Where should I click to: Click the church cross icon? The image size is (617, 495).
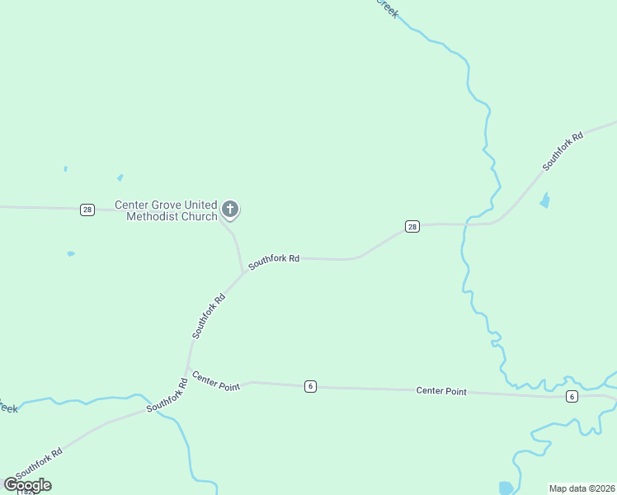point(231,210)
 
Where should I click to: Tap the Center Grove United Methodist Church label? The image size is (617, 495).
point(165,210)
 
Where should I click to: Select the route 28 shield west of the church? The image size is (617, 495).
point(87,210)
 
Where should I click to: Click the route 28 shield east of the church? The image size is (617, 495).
point(412,226)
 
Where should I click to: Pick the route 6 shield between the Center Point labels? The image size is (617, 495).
point(310,386)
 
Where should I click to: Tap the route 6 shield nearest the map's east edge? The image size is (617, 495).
point(572,397)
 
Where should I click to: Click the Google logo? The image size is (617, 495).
point(27,485)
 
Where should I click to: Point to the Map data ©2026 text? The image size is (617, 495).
point(582,488)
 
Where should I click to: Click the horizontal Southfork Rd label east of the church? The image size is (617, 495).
point(274,260)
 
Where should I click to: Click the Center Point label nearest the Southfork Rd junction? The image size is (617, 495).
point(215,380)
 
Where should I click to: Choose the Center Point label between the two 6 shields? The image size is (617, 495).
point(441,391)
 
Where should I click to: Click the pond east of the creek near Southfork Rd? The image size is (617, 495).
point(544,200)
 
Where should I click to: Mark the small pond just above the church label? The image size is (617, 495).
point(120,177)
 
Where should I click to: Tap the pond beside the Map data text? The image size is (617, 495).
point(506,488)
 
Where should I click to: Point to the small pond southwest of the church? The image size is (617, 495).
point(71,253)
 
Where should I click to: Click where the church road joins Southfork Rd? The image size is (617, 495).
point(243,273)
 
